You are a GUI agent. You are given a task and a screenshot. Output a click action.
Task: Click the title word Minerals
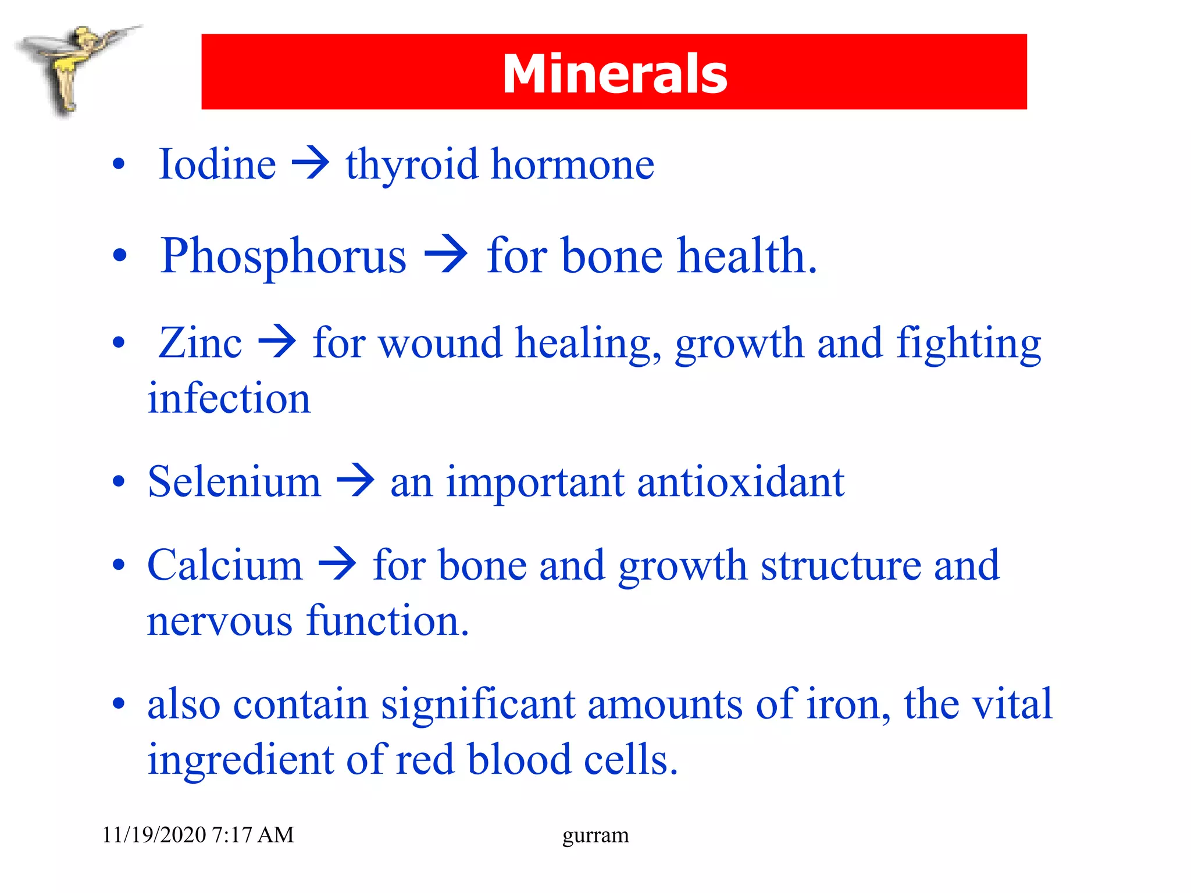point(615,73)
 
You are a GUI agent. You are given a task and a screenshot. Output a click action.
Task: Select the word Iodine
point(217,165)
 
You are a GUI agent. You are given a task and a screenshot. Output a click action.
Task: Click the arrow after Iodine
point(311,163)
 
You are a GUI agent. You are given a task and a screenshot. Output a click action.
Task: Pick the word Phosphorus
point(283,256)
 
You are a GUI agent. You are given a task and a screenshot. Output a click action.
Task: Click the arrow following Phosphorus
point(446,254)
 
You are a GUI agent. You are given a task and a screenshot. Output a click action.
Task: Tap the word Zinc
point(200,343)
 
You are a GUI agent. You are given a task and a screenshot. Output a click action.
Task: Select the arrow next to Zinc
point(277,342)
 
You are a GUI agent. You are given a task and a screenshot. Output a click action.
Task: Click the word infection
point(229,399)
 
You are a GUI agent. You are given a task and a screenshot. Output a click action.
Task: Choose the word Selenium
point(234,482)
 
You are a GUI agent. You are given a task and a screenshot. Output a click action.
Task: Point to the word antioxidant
point(740,482)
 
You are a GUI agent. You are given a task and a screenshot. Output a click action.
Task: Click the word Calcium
point(225,565)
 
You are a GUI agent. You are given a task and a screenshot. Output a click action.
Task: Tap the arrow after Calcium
point(337,564)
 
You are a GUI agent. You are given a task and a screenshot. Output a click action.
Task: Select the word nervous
point(219,621)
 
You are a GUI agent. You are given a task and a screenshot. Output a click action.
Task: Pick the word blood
point(519,760)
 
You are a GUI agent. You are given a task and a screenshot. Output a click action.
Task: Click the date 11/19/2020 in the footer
point(154,835)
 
